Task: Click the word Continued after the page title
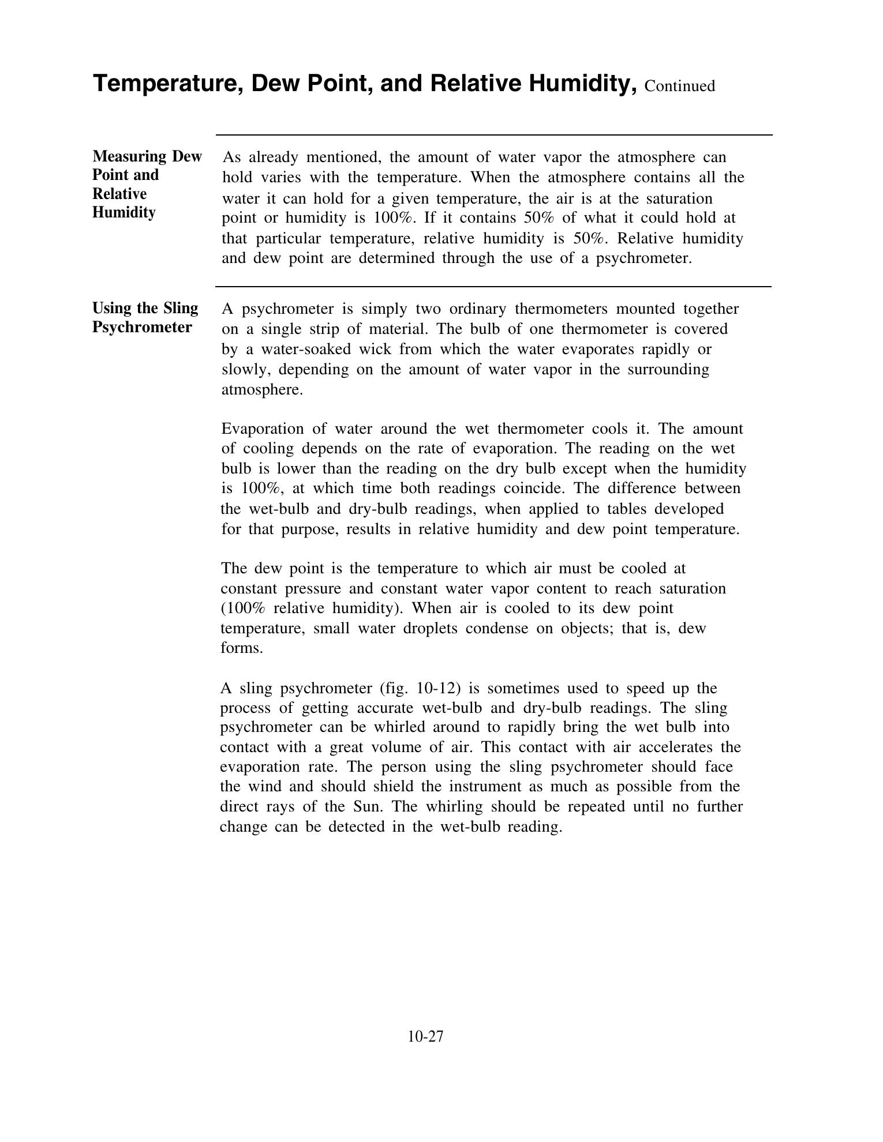[x=679, y=86]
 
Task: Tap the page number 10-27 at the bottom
[x=425, y=1036]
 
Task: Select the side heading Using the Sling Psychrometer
[x=145, y=318]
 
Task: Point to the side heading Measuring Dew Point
[x=147, y=166]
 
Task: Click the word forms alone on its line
[x=241, y=648]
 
